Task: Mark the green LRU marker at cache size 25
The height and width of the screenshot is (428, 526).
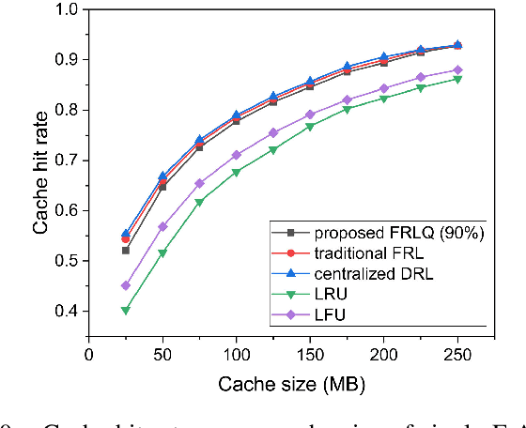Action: coord(126,310)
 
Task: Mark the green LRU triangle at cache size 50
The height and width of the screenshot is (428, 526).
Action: coord(162,253)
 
